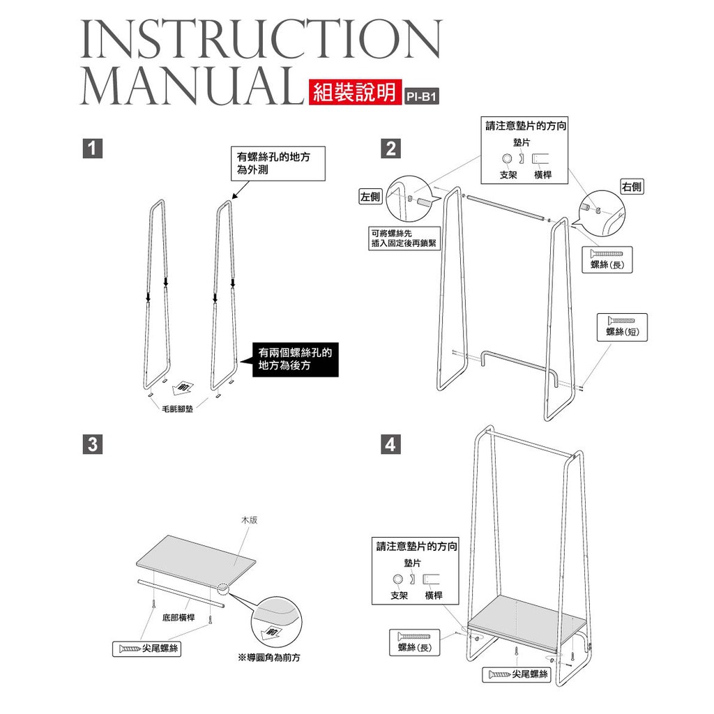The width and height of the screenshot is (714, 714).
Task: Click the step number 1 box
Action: [93, 149]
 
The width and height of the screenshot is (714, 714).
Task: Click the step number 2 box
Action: [390, 149]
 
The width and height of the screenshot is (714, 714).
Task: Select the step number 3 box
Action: [93, 444]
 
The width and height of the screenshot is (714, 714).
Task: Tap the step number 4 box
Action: [390, 444]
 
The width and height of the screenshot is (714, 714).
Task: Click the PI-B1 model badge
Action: [422, 96]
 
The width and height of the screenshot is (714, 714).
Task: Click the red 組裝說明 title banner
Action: [355, 93]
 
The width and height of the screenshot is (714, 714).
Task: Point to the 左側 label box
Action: [370, 196]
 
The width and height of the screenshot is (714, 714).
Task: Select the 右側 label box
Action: [632, 186]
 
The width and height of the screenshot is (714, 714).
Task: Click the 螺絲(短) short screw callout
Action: [622, 327]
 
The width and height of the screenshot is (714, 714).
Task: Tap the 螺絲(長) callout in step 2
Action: [607, 260]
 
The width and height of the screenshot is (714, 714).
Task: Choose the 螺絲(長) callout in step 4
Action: [414, 642]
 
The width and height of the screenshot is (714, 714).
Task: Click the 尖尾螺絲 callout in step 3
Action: [146, 648]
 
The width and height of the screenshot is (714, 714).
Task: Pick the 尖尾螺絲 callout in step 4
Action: [517, 674]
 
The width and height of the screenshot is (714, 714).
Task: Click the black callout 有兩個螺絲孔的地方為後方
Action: [295, 359]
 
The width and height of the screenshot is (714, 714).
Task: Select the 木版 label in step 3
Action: [249, 520]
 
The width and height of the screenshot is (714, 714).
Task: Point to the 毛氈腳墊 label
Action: [177, 409]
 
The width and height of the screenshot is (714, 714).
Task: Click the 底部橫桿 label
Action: [178, 618]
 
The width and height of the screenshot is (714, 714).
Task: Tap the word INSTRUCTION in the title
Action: [261, 39]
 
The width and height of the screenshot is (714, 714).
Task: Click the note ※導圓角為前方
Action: [269, 658]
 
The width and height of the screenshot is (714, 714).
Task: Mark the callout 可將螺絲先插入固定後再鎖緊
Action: [404, 238]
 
